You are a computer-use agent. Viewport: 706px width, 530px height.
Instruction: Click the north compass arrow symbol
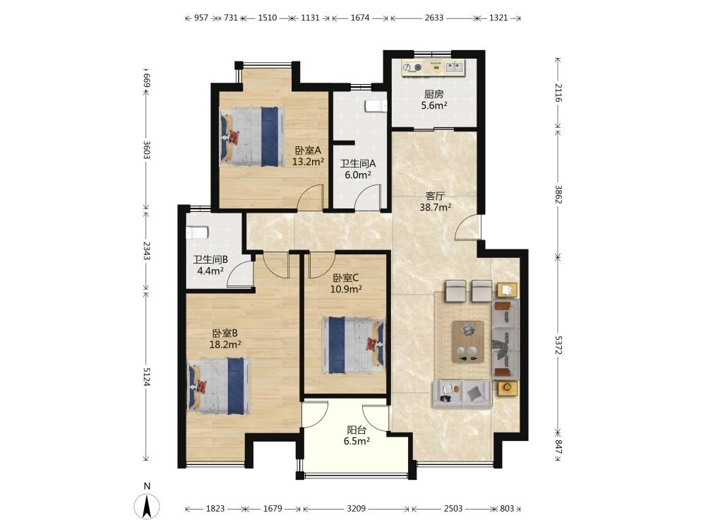[147, 506]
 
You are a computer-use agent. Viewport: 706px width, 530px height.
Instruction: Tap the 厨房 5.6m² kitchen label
[433, 100]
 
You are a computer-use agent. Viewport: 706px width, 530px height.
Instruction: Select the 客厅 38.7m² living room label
[436, 201]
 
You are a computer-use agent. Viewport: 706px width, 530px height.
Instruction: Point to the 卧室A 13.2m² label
[308, 156]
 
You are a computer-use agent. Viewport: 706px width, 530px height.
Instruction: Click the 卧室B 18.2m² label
[225, 339]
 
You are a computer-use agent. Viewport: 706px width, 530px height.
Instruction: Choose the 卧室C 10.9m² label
[346, 283]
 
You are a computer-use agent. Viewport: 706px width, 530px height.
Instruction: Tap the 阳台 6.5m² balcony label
[357, 436]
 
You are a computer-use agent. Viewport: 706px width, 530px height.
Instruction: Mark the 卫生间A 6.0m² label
[357, 169]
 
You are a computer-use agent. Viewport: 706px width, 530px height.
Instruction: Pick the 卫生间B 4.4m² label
[210, 265]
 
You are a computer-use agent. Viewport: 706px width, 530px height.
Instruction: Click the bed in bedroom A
[252, 136]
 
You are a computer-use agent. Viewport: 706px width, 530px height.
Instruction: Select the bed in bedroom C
[354, 346]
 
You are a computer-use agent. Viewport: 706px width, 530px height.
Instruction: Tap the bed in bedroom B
[219, 386]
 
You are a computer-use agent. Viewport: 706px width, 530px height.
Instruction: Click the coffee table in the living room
[468, 341]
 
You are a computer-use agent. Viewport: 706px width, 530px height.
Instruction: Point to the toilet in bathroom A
[376, 106]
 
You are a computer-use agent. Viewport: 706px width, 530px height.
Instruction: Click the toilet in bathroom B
[197, 232]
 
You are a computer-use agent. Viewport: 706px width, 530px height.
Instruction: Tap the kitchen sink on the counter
[455, 68]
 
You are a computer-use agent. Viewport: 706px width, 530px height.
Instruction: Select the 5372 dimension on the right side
[558, 346]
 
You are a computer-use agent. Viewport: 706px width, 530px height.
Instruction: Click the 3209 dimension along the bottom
[356, 509]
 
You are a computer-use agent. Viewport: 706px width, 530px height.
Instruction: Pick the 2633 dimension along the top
[434, 18]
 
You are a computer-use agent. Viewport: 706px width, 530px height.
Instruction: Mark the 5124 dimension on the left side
[146, 377]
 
